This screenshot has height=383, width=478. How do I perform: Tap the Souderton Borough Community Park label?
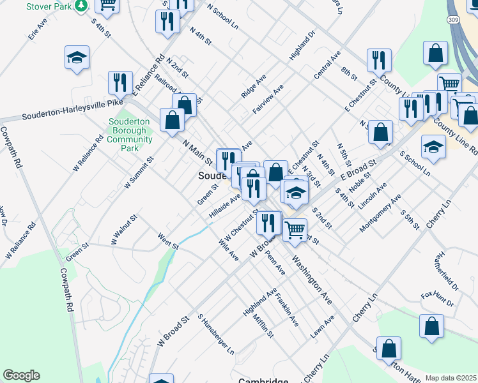tap(130, 134)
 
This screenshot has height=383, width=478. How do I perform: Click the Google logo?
tap(21, 375)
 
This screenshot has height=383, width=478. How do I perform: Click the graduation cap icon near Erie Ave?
tap(77, 58)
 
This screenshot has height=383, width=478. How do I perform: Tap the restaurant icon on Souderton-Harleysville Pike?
tap(120, 82)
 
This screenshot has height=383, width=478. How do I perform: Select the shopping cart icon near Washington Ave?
tap(295, 229)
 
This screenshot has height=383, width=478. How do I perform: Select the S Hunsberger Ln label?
tap(216, 333)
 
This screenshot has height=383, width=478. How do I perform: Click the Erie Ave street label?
tap(38, 29)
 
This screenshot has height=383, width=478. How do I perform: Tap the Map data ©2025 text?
tap(451, 378)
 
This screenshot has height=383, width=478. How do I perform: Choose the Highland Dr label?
tap(302, 47)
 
